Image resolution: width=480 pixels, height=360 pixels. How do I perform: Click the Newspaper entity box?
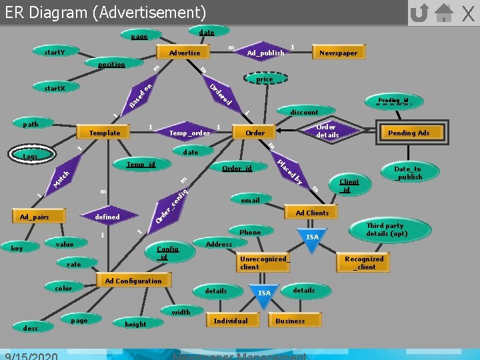[x=338, y=53]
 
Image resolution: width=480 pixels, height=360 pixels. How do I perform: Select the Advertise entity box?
[x=185, y=53]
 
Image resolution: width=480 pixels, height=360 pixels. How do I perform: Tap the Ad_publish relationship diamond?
[x=265, y=53]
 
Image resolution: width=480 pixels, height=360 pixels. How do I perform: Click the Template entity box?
[x=105, y=133]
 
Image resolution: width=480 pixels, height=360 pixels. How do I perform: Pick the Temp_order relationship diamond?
[x=189, y=133]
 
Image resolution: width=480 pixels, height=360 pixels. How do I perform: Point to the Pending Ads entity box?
[x=409, y=133]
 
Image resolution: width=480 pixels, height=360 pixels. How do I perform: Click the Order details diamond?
[x=326, y=131]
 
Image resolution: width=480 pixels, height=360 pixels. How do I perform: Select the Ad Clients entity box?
[x=312, y=213]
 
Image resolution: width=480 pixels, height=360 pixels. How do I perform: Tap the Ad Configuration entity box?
[x=133, y=281]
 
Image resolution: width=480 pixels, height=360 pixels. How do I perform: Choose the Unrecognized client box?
[x=263, y=263]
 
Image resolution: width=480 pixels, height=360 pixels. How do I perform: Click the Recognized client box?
[x=364, y=263]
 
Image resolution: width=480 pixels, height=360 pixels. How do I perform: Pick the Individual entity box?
[x=230, y=321]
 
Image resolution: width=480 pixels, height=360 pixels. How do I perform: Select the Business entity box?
[x=290, y=321]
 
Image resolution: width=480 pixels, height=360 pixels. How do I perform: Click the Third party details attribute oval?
[x=386, y=230]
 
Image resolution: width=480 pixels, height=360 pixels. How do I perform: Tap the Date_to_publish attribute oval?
[x=407, y=173]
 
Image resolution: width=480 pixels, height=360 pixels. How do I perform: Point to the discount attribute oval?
[x=304, y=112]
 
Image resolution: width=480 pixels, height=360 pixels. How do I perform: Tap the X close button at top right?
[x=468, y=13]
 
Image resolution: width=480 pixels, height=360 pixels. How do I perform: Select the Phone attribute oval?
[x=250, y=232]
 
